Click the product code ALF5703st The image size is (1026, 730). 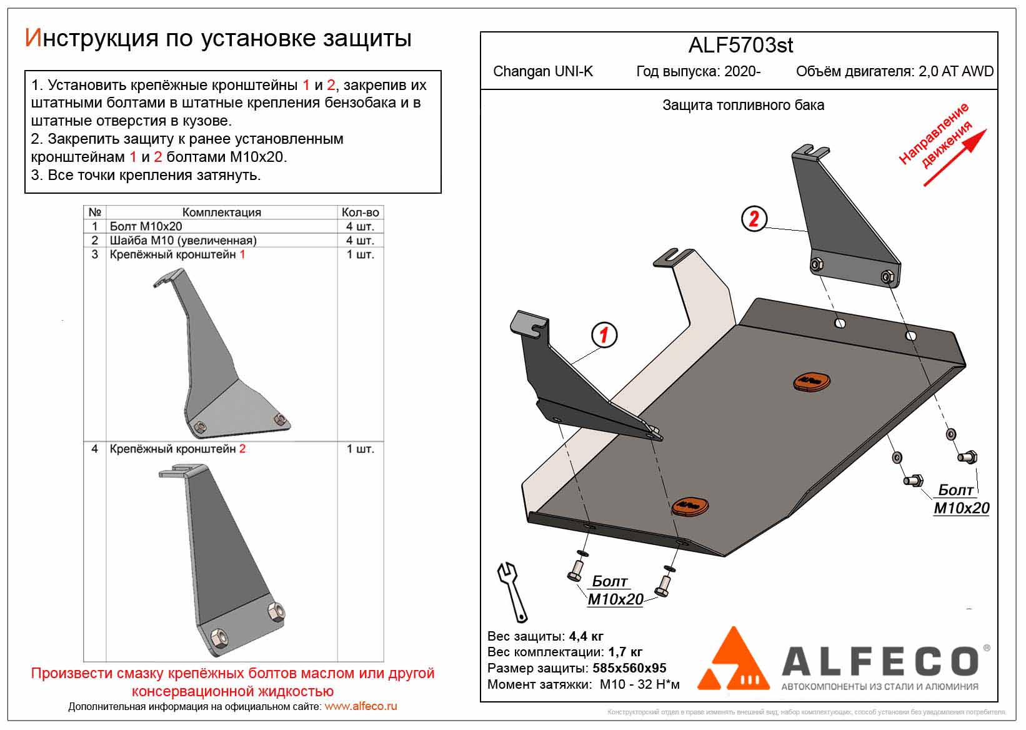(740, 46)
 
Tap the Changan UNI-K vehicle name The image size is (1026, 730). (543, 71)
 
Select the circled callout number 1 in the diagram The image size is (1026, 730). (604, 335)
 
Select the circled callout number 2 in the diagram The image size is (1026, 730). (754, 219)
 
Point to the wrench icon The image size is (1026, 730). (513, 591)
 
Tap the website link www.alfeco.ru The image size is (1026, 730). (361, 707)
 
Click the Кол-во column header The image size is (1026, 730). (360, 212)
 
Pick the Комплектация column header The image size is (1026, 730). (221, 212)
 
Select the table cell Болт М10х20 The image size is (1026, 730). (146, 226)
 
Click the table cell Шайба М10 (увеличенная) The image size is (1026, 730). (183, 240)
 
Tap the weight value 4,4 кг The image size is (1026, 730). (586, 637)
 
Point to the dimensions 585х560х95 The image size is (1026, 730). (629, 668)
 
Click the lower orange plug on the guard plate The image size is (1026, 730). (690, 505)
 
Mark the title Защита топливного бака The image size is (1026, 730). (743, 106)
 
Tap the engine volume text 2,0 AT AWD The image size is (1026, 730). (956, 71)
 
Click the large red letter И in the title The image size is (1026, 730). (32, 39)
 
